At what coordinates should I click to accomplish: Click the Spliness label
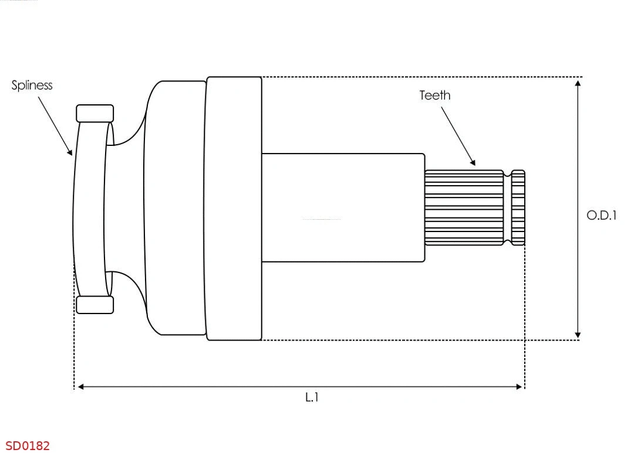point(32,86)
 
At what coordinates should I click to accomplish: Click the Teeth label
point(435,96)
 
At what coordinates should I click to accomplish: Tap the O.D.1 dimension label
point(602,215)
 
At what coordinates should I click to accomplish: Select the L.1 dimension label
point(312,397)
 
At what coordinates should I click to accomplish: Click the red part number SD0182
point(28,446)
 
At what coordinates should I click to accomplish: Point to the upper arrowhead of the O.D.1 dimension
point(578,83)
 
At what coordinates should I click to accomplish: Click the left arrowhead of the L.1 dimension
point(81,387)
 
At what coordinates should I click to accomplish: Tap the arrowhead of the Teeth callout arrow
point(473,162)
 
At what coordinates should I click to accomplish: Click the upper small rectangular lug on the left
point(95,113)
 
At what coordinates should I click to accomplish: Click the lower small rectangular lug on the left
point(95,305)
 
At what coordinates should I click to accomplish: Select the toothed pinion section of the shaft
point(464,208)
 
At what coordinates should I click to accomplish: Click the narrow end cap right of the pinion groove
point(518,208)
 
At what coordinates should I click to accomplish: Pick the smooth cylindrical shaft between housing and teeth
point(343,207)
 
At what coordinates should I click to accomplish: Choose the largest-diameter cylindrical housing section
point(233,208)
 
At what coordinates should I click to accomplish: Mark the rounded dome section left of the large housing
point(174,208)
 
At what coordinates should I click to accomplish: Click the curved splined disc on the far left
point(89,208)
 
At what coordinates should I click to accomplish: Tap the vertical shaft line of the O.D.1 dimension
point(578,176)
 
